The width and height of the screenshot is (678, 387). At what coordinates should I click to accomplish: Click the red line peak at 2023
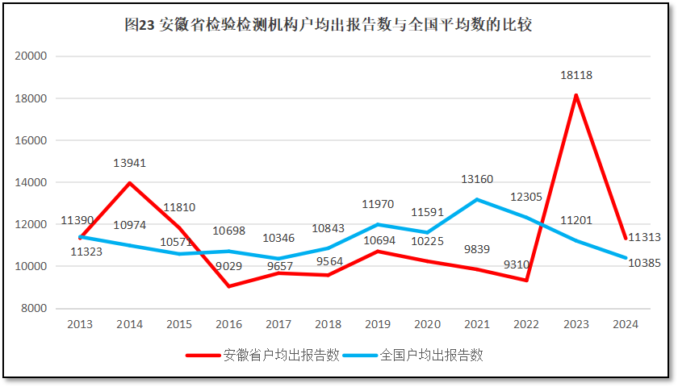point(575,95)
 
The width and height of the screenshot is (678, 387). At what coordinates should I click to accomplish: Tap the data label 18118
point(576,75)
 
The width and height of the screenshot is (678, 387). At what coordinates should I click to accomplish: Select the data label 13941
point(129,163)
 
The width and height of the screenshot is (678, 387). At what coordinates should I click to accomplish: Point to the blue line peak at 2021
point(477,199)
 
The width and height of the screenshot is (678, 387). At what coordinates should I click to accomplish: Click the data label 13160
point(477,179)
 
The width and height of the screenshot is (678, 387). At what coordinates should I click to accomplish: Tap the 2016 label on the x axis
point(228,324)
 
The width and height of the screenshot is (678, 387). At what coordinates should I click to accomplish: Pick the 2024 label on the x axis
point(626,324)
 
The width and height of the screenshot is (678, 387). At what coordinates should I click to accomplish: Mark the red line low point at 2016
point(229,286)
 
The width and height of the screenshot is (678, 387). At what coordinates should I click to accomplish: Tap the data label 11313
point(644,237)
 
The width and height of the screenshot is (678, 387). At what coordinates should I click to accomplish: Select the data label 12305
point(526,198)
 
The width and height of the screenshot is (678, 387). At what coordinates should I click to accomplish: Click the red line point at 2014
point(129,183)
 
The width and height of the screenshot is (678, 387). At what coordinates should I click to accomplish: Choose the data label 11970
point(378,204)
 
